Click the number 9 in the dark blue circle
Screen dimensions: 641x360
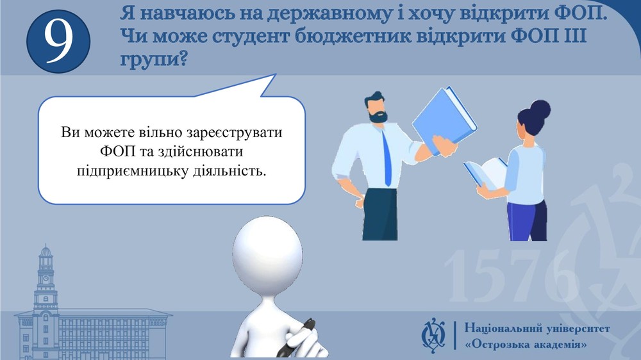pyautogui.click(x=58, y=42)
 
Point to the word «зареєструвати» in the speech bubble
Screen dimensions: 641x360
pyautogui.click(x=234, y=133)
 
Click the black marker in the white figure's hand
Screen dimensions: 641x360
pyautogui.click(x=297, y=336)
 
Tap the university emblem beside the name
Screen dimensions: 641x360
pyautogui.click(x=434, y=336)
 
